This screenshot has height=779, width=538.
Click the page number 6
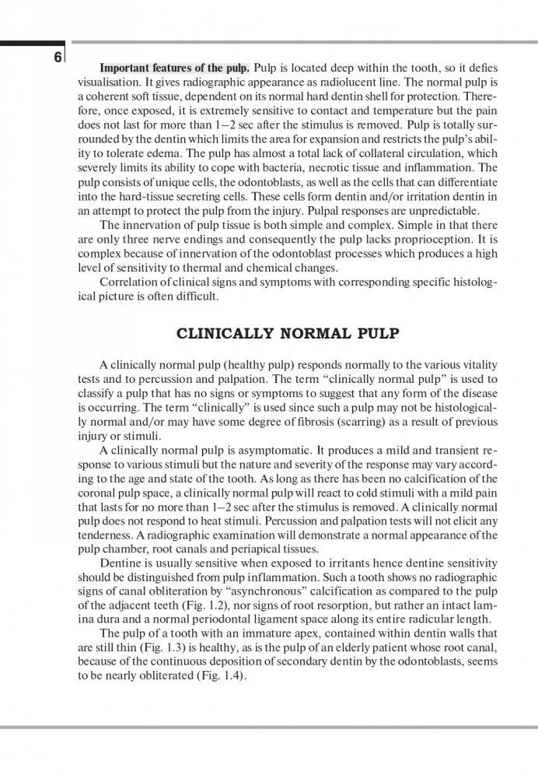58,58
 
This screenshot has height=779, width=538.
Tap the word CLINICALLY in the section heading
230,334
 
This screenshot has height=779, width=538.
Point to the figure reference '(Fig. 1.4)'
219,674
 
